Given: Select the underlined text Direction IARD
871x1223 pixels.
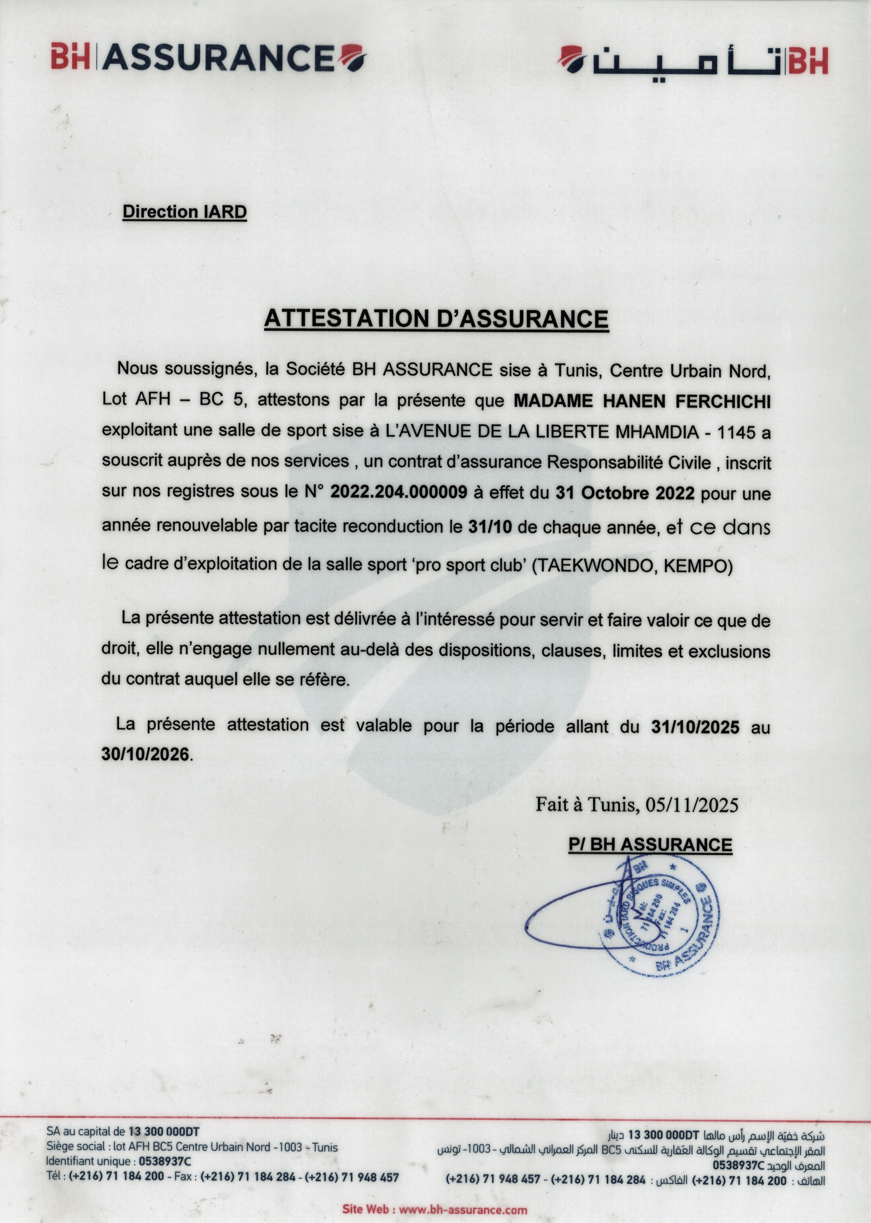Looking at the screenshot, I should coord(185,211).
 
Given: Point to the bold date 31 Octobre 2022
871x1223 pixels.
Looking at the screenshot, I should coord(625,493).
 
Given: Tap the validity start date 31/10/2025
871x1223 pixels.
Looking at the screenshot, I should coord(696,727).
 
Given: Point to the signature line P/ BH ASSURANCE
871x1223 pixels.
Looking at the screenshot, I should coord(650,844).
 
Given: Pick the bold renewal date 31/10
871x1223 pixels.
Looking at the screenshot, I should coord(490,527).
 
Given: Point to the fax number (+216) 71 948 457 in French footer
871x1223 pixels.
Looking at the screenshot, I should coord(352,1177).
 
